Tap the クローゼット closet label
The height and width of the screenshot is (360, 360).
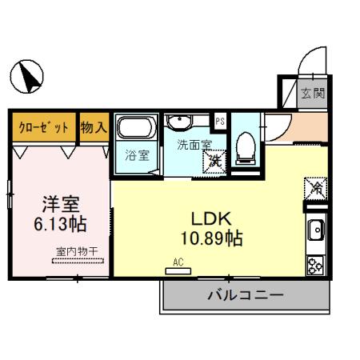point(44,126)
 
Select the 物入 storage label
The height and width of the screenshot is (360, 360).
point(94,126)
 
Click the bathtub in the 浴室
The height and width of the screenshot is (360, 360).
point(137,128)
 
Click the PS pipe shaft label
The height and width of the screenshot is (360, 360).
point(221,121)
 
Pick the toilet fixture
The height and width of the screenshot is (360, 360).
point(246,144)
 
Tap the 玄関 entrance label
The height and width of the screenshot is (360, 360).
point(312,94)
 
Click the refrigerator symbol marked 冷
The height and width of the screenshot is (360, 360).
point(316,190)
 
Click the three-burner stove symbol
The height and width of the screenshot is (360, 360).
point(315,263)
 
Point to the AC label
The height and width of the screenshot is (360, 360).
point(178,261)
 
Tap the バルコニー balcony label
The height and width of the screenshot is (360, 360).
point(246,295)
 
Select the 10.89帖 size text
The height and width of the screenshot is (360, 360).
point(210,238)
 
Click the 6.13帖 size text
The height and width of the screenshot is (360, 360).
point(60,219)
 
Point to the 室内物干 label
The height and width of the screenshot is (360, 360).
point(78,252)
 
